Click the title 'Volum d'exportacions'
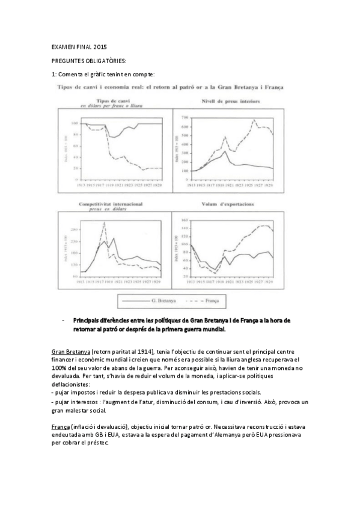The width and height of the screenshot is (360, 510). click(x=229, y=205)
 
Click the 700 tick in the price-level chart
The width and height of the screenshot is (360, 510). click(x=185, y=116)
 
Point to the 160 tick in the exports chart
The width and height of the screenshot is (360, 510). click(x=185, y=221)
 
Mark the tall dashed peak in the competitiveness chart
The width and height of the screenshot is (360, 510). click(x=105, y=223)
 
